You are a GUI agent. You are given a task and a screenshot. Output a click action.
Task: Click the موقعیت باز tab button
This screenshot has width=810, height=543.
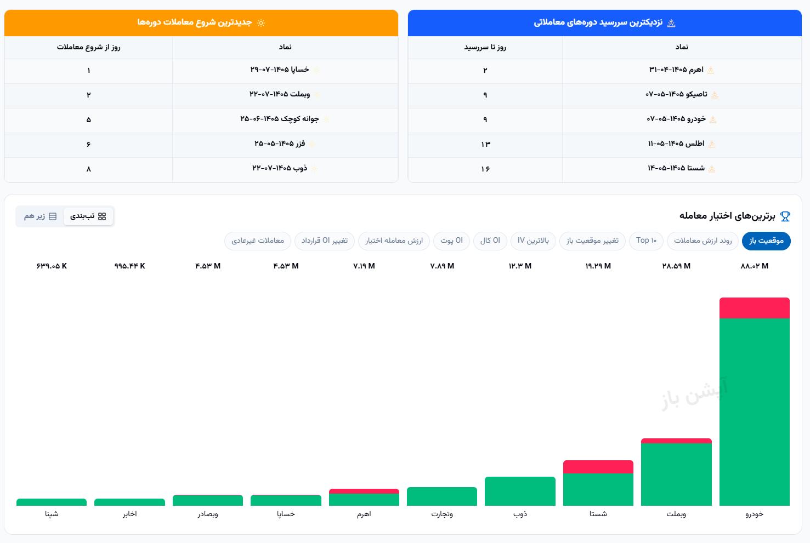pos(766,241)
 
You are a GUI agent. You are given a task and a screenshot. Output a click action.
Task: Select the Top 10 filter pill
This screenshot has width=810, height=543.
pos(646,241)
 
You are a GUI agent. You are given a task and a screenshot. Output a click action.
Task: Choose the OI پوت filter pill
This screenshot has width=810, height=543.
pos(451,241)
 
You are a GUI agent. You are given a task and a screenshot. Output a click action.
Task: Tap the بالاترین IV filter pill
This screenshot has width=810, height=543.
pos(533,241)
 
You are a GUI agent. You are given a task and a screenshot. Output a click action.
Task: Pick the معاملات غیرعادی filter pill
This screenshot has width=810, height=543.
pos(257,241)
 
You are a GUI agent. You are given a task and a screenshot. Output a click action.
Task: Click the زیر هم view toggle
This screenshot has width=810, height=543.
pos(40,216)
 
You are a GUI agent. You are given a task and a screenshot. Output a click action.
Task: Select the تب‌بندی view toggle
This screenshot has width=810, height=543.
pos(88,216)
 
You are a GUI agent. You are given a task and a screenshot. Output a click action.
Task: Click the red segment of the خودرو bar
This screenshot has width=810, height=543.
pos(754,308)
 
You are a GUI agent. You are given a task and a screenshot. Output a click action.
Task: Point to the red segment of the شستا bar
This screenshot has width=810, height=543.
pos(598,467)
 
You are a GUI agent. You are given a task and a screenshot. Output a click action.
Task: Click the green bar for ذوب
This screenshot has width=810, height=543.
pos(520,491)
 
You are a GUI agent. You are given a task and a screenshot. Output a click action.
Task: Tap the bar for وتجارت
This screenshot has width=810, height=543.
pos(442,496)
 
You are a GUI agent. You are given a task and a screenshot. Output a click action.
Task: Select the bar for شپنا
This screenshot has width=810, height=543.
pos(52,502)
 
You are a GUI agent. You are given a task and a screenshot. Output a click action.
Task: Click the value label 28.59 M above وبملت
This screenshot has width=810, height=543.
pos(676,266)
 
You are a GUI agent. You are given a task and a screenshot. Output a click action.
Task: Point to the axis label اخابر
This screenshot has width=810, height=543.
pos(129,514)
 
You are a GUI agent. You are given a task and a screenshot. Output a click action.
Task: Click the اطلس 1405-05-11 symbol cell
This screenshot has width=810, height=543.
pos(676,144)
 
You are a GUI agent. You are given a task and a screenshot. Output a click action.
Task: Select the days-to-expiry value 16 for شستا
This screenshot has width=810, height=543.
pos(485,169)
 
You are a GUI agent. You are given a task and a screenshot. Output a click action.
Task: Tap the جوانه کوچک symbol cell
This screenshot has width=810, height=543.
pos(280,119)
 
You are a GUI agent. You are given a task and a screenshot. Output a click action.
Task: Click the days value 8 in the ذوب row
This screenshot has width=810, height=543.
pos(89,169)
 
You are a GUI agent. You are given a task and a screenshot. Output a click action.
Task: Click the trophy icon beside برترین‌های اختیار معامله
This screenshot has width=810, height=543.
pos(785,216)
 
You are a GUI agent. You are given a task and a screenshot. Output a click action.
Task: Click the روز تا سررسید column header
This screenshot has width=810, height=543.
pos(485,47)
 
